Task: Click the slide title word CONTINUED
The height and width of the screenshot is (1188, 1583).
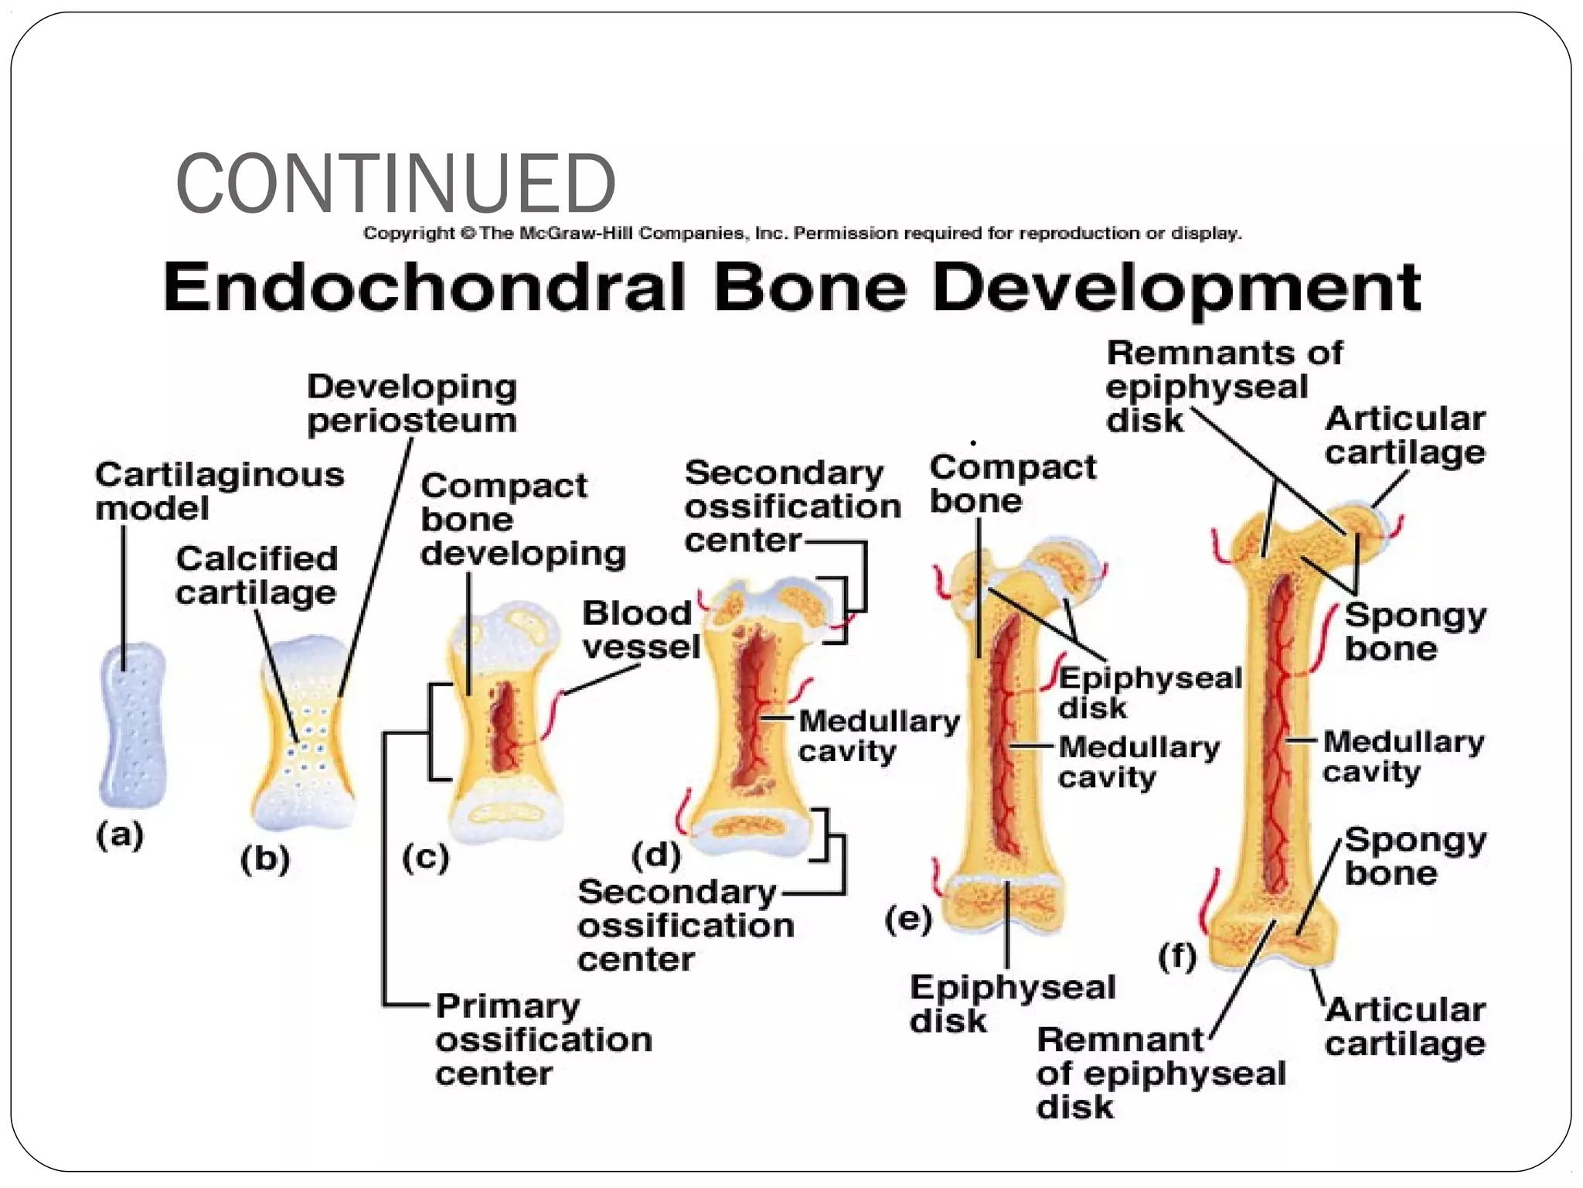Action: coord(395,184)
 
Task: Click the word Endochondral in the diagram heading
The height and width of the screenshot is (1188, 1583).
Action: coord(424,287)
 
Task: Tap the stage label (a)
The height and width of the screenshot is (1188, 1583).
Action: coord(120,835)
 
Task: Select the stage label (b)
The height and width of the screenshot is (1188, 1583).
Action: coord(265,859)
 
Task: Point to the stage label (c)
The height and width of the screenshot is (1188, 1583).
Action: coord(425,858)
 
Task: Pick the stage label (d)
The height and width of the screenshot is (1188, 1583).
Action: coord(656,855)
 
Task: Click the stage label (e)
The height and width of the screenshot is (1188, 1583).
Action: coord(908,920)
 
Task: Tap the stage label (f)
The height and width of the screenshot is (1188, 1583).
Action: coord(1177,956)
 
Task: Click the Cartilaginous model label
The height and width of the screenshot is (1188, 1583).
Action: coord(219,491)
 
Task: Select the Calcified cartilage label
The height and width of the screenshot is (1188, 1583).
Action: coord(257,575)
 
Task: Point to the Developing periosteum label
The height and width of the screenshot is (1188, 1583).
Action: coord(411,404)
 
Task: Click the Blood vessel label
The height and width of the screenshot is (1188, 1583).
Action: coord(639,630)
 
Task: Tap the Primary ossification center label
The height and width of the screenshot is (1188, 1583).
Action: coord(543,1039)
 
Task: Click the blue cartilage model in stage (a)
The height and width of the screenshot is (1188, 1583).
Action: coord(132,724)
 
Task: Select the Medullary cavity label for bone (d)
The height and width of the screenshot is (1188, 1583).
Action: coord(878,736)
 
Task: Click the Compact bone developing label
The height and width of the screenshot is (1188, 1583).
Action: coord(522,520)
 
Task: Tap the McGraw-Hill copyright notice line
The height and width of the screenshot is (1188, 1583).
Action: coord(802,233)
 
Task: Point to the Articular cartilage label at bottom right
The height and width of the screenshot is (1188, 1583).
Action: coord(1404,1026)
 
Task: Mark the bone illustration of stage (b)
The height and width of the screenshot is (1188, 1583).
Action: coord(305,732)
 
